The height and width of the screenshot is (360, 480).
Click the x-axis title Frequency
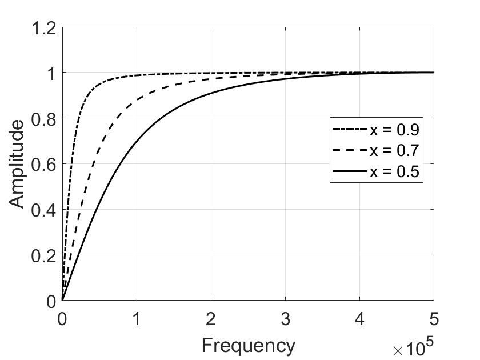click(x=248, y=345)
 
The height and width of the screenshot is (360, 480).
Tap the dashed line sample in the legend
click(x=350, y=151)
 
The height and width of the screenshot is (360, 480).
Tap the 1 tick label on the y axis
click(x=51, y=73)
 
